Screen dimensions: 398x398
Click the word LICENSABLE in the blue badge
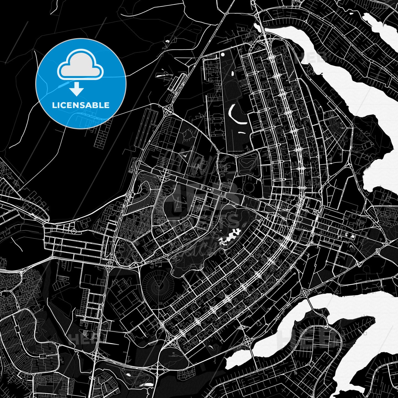pyautogui.click(x=81, y=105)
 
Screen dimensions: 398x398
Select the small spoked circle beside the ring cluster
pyautogui.click(x=135, y=253)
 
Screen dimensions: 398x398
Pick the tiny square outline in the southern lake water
pyautogui.click(x=365, y=334)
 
